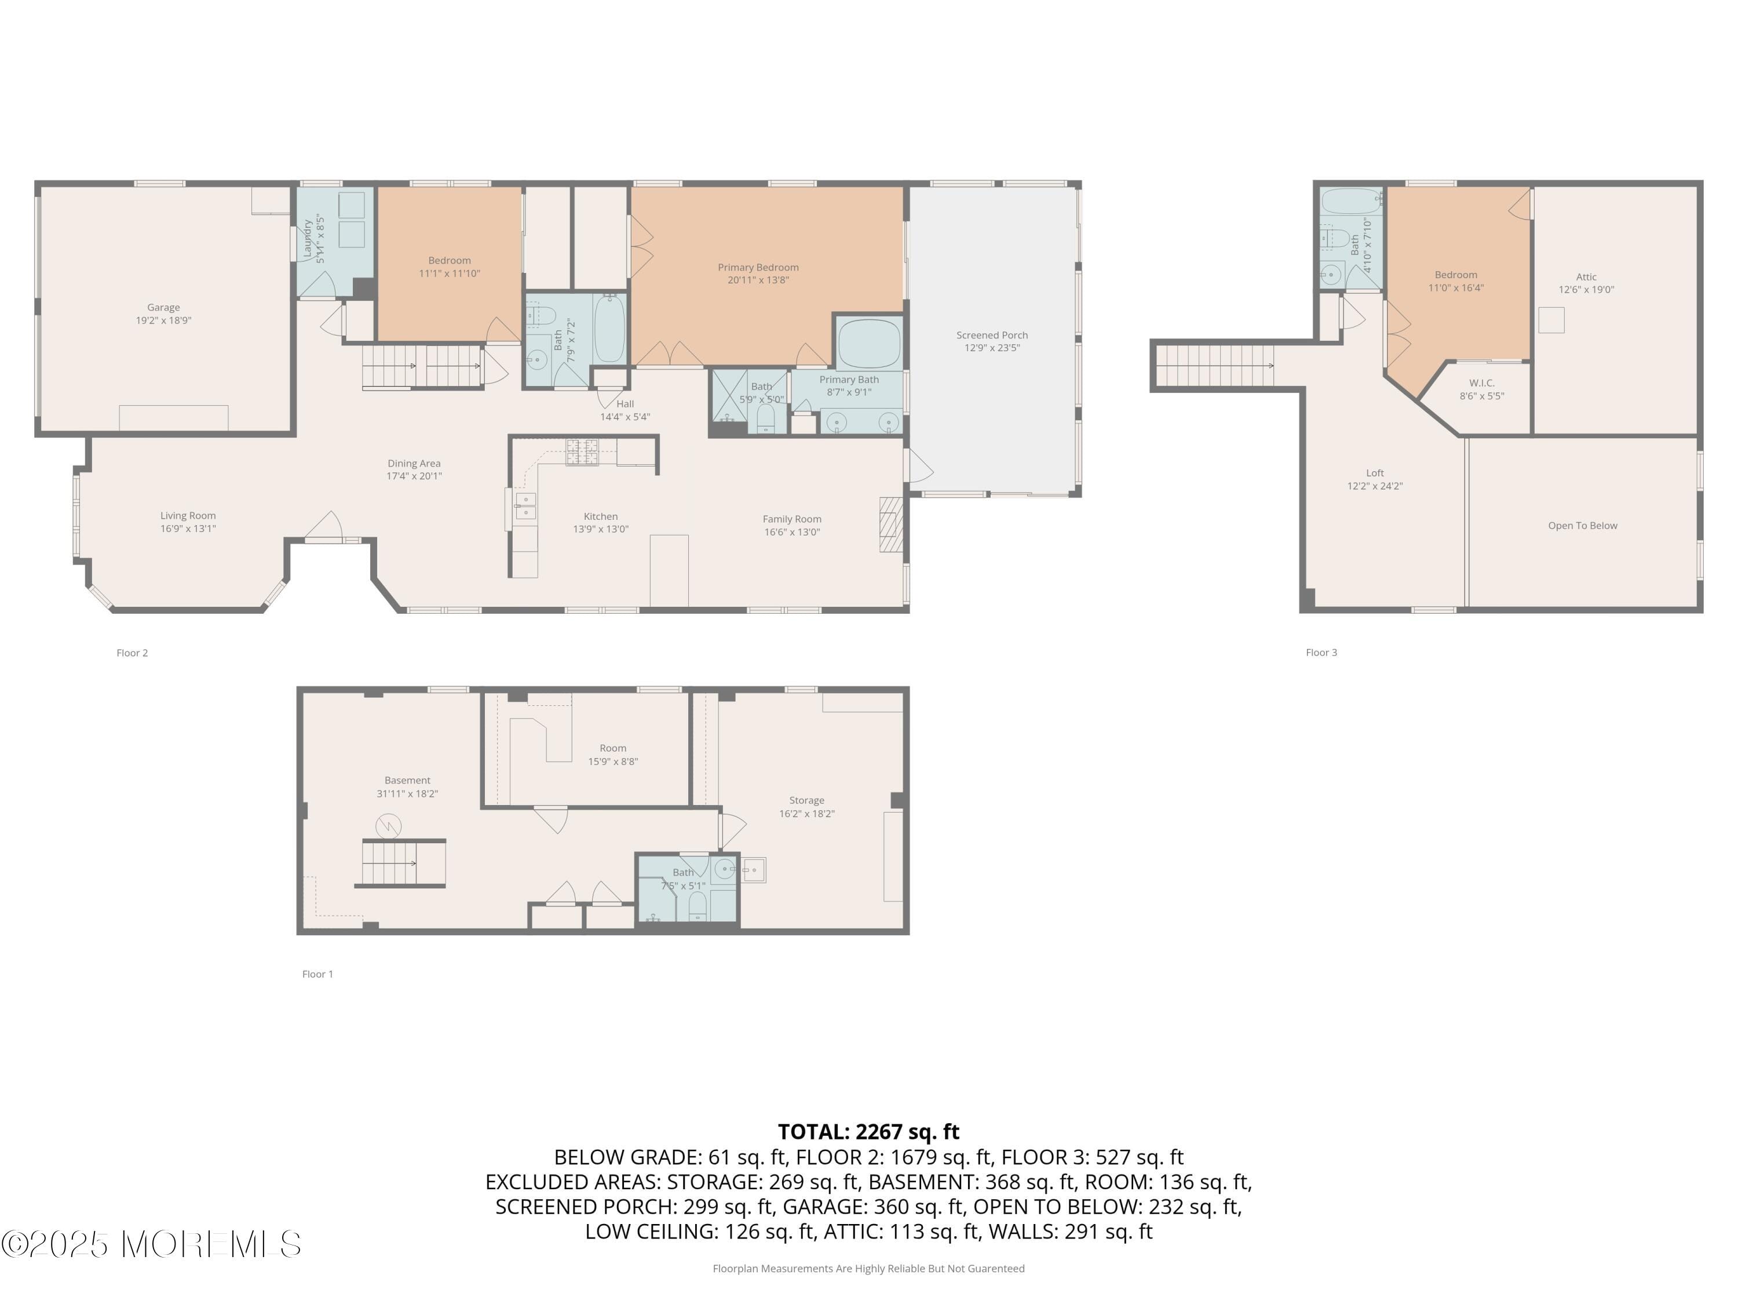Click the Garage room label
click(x=163, y=307)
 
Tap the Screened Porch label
click(x=992, y=335)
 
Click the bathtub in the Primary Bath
click(x=868, y=344)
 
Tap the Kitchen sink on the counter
click(x=525, y=506)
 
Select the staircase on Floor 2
click(x=421, y=366)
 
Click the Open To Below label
click(x=1582, y=526)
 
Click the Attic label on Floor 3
click(x=1586, y=276)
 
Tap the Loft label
click(x=1374, y=473)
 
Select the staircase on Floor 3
click(x=1214, y=366)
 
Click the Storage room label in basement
click(x=806, y=800)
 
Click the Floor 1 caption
click(x=317, y=974)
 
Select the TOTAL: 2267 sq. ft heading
click(x=868, y=1131)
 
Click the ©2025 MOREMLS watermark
click(x=151, y=1244)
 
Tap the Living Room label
click(x=188, y=516)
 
